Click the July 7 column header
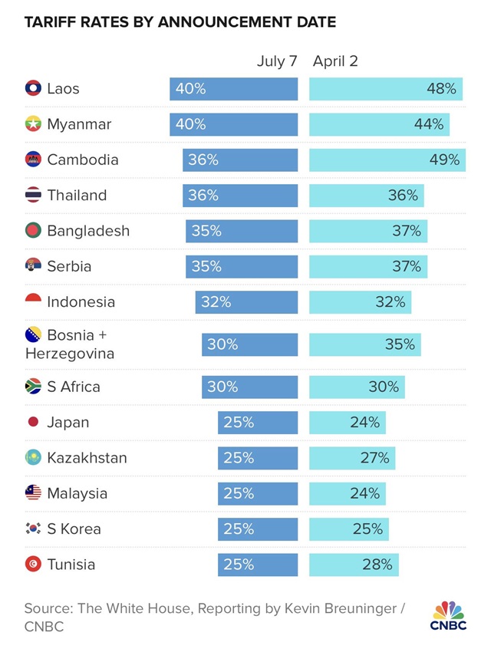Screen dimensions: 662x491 click(276, 61)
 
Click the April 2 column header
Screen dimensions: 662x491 click(335, 61)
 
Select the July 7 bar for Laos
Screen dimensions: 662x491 click(233, 89)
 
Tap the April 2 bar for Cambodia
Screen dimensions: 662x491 click(387, 160)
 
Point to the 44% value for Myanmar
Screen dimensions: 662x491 click(428, 124)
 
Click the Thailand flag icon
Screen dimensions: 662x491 click(33, 196)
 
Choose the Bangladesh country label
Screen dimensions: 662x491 click(88, 231)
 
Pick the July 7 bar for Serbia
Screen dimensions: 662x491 click(241, 266)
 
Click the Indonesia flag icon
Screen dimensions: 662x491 click(33, 301)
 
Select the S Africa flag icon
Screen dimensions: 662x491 click(33, 387)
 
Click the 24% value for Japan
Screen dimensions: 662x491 click(364, 423)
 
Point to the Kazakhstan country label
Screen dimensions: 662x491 click(87, 458)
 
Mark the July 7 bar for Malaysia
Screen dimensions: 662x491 click(258, 493)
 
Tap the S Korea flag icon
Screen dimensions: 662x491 click(33, 529)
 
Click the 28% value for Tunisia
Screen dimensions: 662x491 click(377, 565)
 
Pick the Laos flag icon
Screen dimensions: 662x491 click(33, 89)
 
